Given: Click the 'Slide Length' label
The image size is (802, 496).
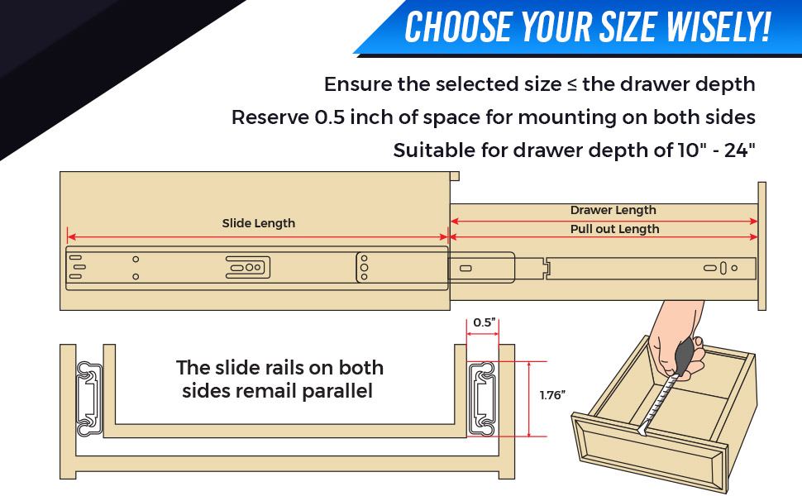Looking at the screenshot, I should (x=258, y=223).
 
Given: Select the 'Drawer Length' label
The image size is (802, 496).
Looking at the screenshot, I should (x=613, y=210).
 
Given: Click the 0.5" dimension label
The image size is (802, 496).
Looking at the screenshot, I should (x=484, y=322).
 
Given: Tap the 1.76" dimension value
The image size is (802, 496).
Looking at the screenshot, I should (x=551, y=395).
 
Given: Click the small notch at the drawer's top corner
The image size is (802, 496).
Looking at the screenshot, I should (x=454, y=175).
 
